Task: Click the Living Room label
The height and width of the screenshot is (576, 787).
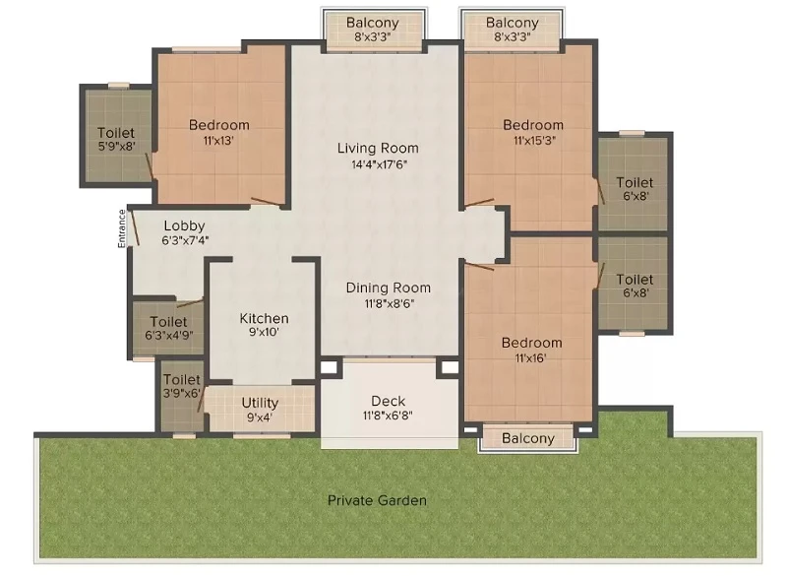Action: [378, 148]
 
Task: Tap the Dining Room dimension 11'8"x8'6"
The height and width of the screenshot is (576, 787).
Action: [389, 303]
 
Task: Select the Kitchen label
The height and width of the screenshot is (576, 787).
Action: [264, 318]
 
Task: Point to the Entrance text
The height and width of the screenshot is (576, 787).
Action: [121, 228]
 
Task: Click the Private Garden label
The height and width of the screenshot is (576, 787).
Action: [377, 500]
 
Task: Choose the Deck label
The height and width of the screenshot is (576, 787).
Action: [388, 401]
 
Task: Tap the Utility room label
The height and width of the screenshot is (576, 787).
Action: [260, 403]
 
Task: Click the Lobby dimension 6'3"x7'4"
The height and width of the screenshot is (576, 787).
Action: [185, 240]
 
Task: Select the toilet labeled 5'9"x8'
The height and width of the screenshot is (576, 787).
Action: [116, 139]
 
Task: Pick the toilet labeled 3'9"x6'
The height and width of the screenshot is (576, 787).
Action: [181, 386]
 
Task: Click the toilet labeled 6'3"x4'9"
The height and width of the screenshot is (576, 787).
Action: [168, 328]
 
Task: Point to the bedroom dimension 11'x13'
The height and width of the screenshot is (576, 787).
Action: [218, 141]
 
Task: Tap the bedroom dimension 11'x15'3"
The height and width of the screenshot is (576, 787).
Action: [534, 141]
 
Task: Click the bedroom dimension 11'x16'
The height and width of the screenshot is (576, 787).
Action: [530, 358]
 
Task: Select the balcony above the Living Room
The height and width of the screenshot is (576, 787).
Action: [373, 30]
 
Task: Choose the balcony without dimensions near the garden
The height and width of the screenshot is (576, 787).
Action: [528, 438]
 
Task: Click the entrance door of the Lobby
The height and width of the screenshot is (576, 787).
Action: [135, 228]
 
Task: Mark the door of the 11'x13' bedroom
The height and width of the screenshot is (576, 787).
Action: [266, 202]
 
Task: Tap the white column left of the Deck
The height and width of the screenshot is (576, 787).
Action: [329, 366]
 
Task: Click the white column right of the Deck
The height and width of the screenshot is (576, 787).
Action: [450, 366]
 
